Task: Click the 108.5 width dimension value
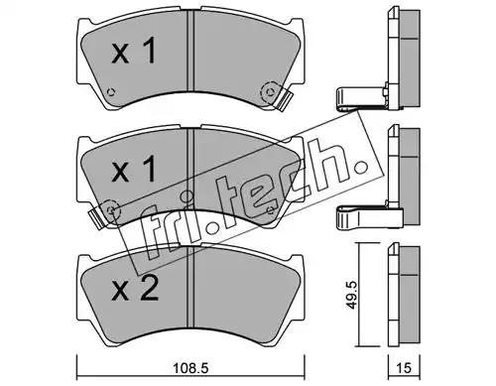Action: click(190, 368)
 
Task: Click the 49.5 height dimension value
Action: click(351, 296)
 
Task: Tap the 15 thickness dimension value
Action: click(404, 368)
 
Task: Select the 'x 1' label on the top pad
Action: click(134, 51)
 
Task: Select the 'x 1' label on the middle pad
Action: click(134, 169)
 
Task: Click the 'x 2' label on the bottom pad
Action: click(135, 288)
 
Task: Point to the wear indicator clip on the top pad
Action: click(285, 100)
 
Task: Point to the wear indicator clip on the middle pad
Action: click(97, 218)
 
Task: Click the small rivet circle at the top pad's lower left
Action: click(111, 92)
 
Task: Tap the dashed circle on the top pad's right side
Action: click(271, 92)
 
